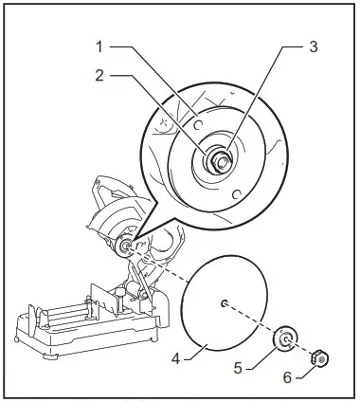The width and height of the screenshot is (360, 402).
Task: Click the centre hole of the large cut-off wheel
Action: click(223, 302)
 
